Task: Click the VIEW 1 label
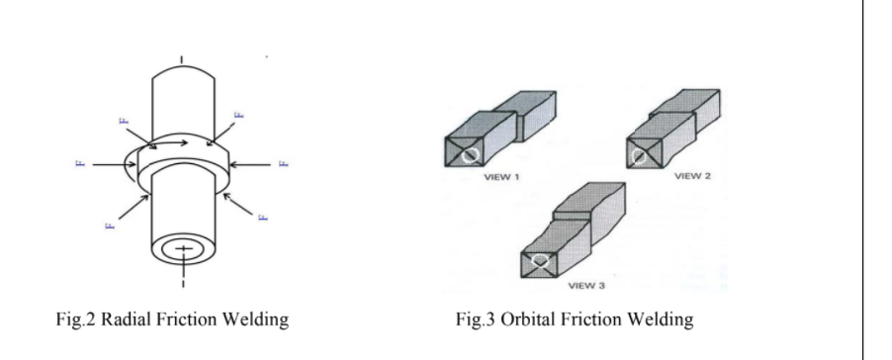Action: [x=502, y=176]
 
